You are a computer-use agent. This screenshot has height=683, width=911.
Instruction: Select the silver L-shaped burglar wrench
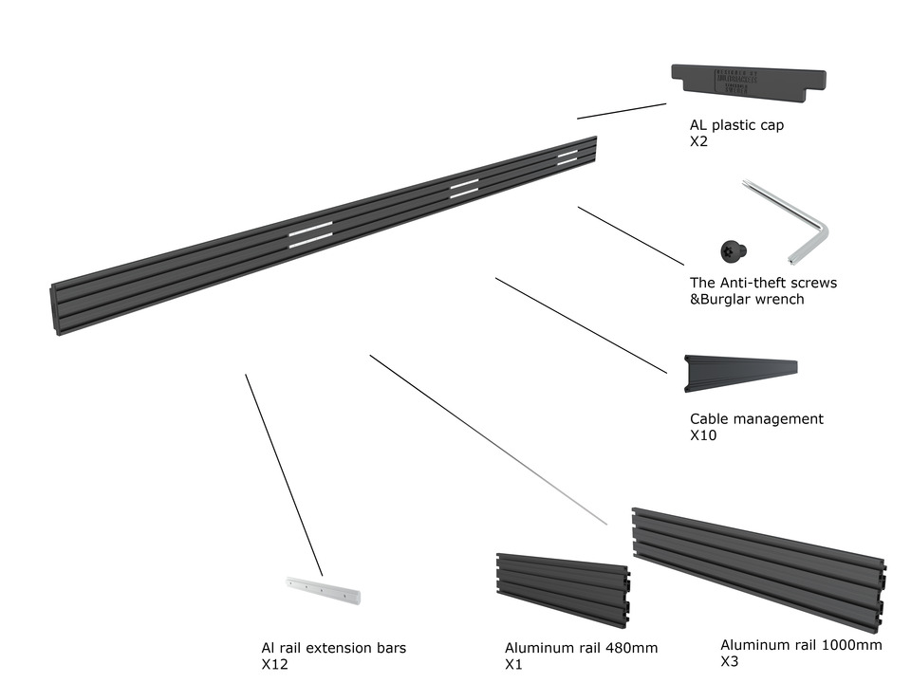(797, 228)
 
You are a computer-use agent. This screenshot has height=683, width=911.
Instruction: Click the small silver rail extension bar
(323, 589)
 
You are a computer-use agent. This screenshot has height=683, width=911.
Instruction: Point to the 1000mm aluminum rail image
(759, 566)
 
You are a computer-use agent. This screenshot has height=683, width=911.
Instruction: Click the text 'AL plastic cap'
(736, 125)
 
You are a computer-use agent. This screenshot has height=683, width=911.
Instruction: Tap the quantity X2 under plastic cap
(699, 142)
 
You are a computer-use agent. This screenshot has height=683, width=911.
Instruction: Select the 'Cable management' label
(756, 419)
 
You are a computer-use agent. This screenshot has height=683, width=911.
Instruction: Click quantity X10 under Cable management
(703, 436)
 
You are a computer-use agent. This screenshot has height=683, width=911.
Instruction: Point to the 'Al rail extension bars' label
(333, 648)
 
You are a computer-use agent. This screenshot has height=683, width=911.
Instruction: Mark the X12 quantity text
(274, 665)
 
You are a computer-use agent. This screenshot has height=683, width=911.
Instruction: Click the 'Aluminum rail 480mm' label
(581, 649)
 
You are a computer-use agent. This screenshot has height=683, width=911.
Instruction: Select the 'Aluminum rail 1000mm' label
(801, 645)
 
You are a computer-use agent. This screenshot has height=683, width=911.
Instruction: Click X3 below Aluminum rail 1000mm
(730, 662)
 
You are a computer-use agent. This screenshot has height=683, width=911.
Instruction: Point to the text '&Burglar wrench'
(747, 300)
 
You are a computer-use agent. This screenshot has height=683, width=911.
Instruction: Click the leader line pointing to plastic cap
(622, 111)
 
